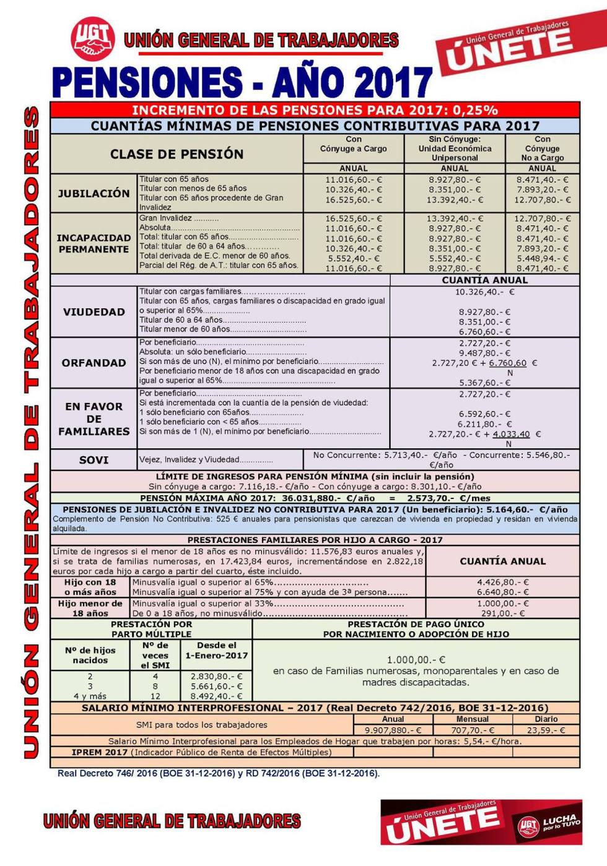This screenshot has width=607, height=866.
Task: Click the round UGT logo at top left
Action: pyautogui.click(x=94, y=40)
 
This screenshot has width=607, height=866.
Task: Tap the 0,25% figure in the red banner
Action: pyautogui.click(x=475, y=111)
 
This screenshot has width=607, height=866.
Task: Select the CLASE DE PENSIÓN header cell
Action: pyautogui.click(x=177, y=154)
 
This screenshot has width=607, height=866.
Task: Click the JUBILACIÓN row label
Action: pyautogui.click(x=94, y=193)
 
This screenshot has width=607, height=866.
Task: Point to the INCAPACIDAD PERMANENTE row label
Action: pyautogui.click(x=94, y=243)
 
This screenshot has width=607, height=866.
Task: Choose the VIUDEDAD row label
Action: pyautogui.click(x=94, y=312)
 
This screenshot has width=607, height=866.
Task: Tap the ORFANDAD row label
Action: pyautogui.click(x=94, y=363)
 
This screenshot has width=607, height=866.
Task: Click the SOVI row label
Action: pyautogui.click(x=94, y=460)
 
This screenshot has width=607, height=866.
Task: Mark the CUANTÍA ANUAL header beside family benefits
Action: pyautogui.click(x=502, y=561)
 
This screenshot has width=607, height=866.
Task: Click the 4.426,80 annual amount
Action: pyautogui.click(x=503, y=582)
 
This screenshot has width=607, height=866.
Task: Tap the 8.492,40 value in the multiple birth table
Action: pyautogui.click(x=217, y=696)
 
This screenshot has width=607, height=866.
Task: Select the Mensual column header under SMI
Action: pyautogui.click(x=473, y=719)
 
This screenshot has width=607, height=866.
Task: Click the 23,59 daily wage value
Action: pyautogui.click(x=546, y=730)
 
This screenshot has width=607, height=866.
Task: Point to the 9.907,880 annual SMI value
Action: pyautogui.click(x=393, y=730)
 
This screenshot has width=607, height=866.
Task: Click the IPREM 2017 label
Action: pyautogui.click(x=100, y=753)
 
